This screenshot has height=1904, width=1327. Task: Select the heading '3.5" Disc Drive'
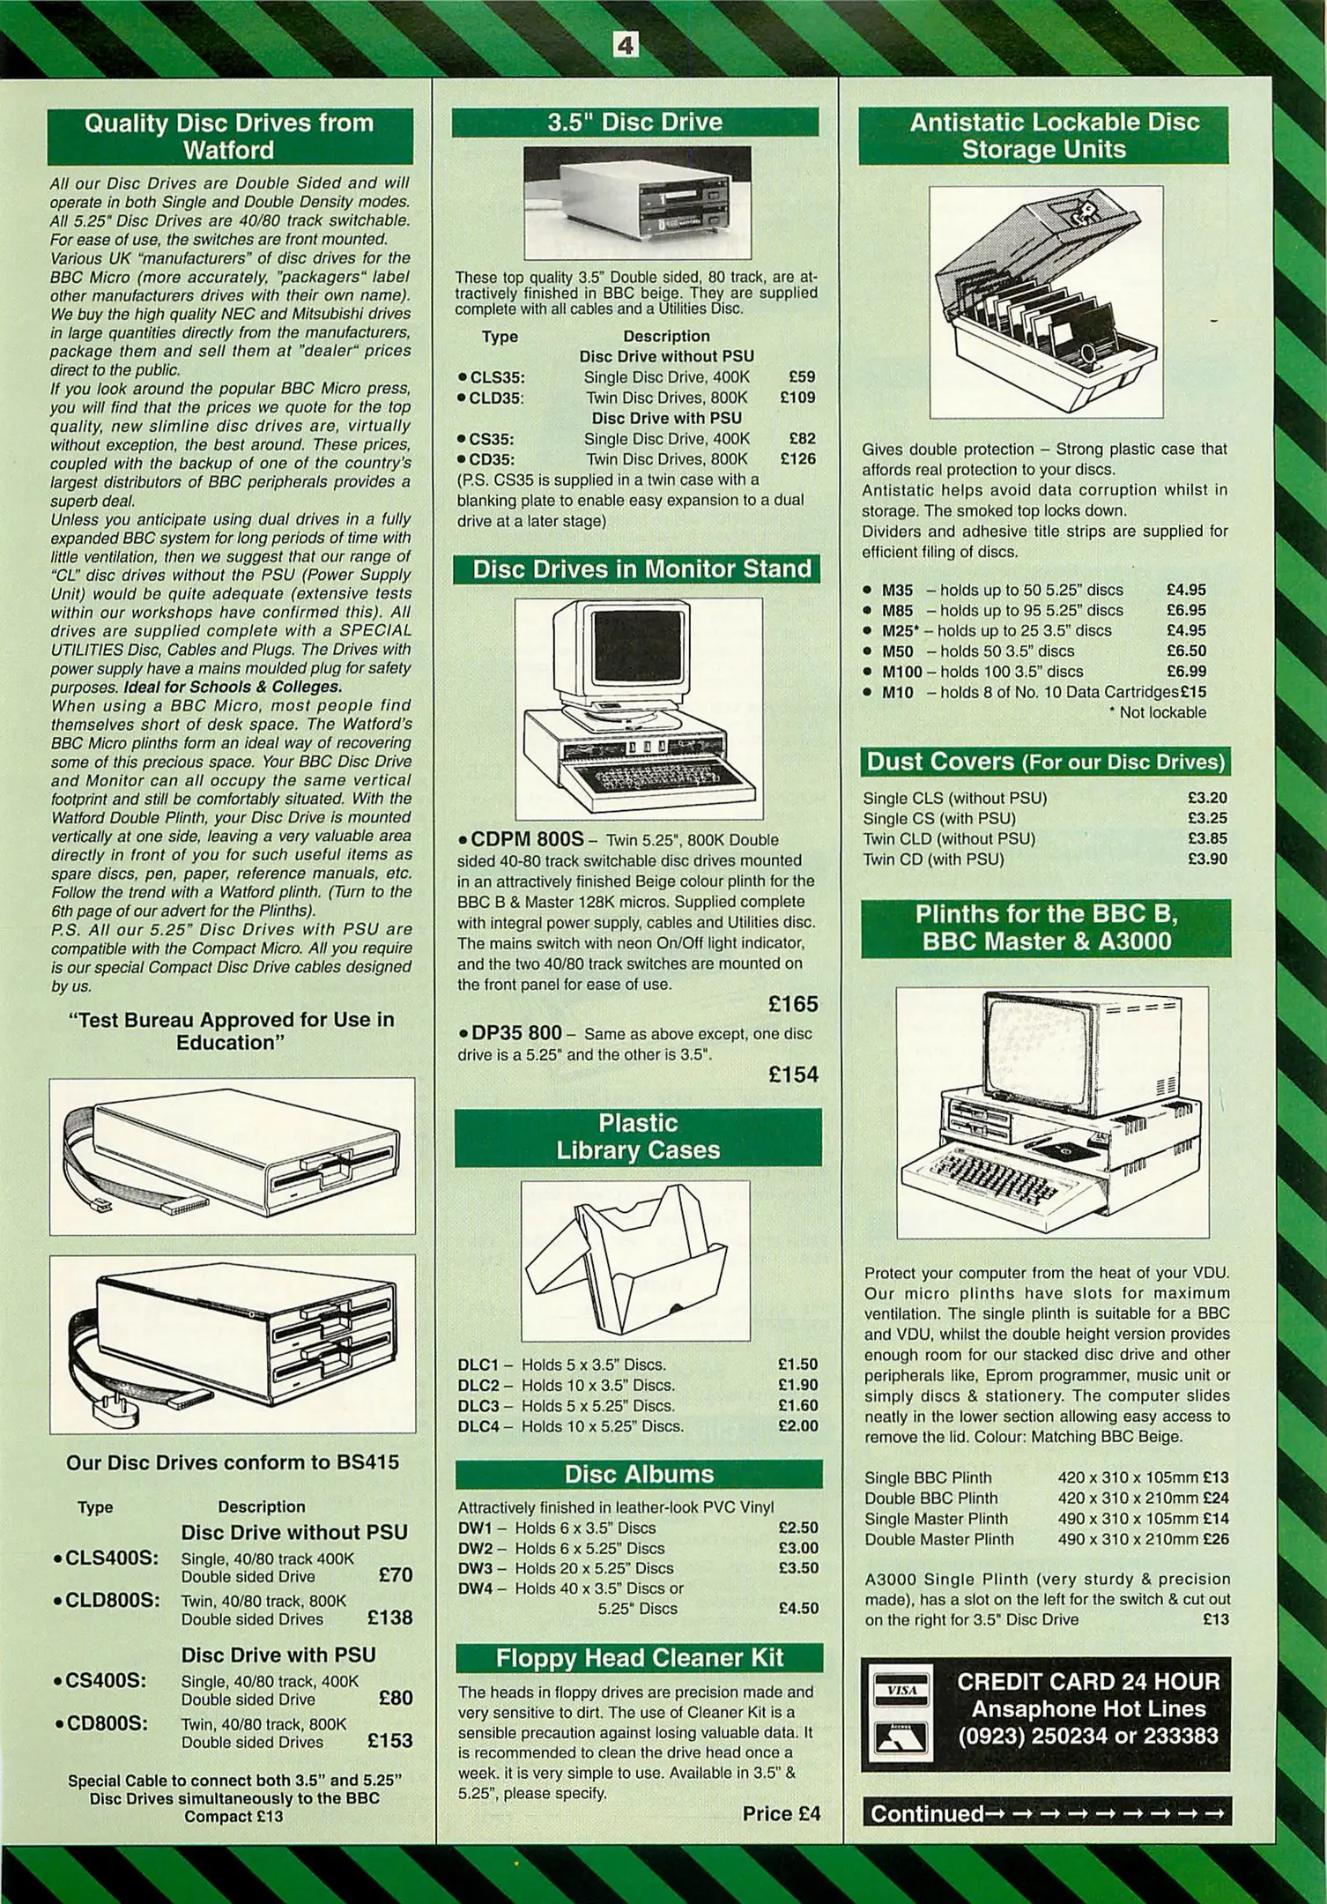634,122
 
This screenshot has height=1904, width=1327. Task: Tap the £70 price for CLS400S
395,1574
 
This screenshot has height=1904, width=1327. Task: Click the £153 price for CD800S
389,1740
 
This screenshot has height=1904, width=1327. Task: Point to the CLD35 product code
496,398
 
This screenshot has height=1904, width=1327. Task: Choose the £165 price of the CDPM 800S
793,1004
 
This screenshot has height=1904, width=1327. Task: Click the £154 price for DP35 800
793,1075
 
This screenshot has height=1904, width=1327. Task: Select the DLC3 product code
478,1405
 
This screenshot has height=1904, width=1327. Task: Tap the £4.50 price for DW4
798,1608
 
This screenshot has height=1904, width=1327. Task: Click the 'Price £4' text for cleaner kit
781,1813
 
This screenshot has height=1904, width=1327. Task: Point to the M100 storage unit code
902,672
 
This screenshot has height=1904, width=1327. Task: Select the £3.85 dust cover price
1207,838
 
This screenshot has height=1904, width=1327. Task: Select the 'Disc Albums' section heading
639,1474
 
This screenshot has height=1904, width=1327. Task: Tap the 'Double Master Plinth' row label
938,1539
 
